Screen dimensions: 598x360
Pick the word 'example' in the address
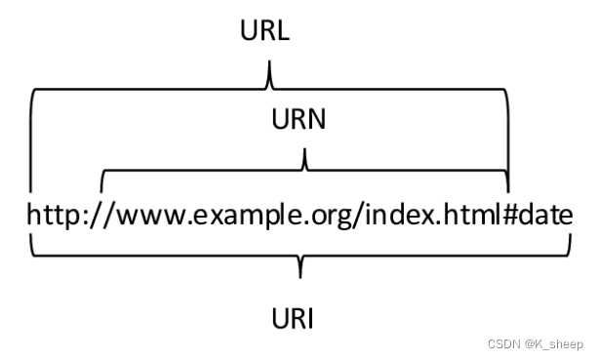click(x=245, y=214)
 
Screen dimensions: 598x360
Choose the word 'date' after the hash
click(x=548, y=214)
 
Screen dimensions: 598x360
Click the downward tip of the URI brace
click(x=299, y=274)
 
